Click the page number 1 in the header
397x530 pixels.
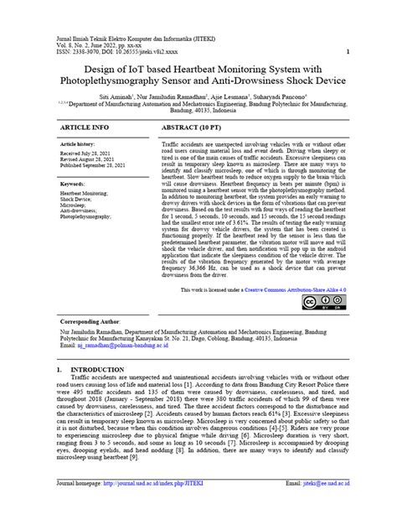(347, 50)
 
